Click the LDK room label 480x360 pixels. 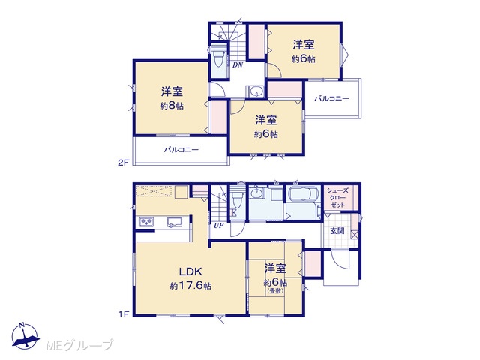pyautogui.click(x=190, y=271)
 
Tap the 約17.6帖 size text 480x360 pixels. pyautogui.click(x=190, y=286)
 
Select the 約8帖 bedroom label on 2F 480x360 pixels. pyautogui.click(x=172, y=106)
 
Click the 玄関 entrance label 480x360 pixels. pyautogui.click(x=337, y=231)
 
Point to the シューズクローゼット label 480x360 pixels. pyautogui.click(x=337, y=198)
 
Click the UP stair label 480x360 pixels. pyautogui.click(x=219, y=226)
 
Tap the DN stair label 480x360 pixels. pyautogui.click(x=238, y=65)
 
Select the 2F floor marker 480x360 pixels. pyautogui.click(x=123, y=163)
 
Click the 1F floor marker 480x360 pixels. pyautogui.click(x=123, y=313)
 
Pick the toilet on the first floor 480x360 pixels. pyautogui.click(x=237, y=199)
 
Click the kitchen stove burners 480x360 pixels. pyautogui.click(x=147, y=222)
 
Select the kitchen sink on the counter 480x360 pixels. pyautogui.click(x=175, y=222)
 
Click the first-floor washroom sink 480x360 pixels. pyautogui.click(x=257, y=193)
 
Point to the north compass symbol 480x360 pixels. pyautogui.click(x=25, y=336)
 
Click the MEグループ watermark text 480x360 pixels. pyautogui.click(x=80, y=345)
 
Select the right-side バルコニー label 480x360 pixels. pyautogui.click(x=331, y=98)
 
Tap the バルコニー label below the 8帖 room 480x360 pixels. pyautogui.click(x=181, y=150)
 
